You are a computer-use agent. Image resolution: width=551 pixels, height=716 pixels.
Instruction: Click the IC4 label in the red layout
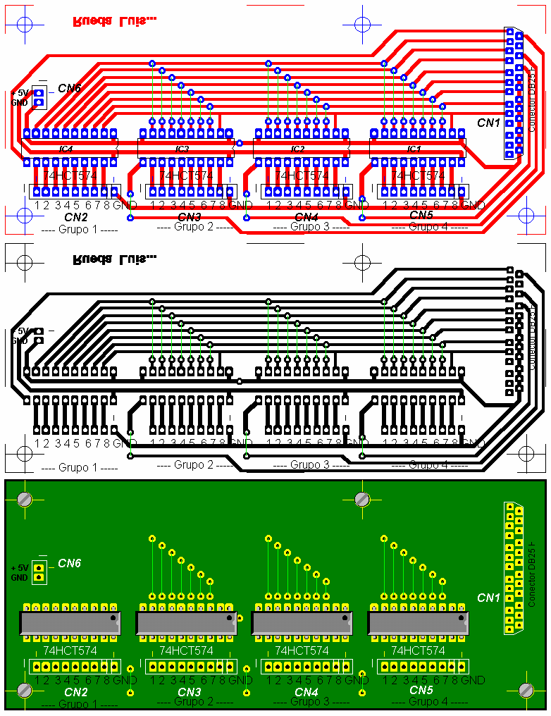[66, 149]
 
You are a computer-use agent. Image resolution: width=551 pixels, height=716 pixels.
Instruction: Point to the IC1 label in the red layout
[414, 149]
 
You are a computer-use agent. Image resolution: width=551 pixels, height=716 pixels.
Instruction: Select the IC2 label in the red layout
[298, 149]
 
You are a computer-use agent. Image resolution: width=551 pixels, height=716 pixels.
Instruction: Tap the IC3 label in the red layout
[182, 149]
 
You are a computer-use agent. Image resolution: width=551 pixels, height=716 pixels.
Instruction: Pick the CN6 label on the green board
[69, 563]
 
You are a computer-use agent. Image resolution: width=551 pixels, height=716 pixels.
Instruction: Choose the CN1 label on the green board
[488, 598]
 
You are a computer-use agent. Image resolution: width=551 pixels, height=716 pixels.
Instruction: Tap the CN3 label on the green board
[190, 692]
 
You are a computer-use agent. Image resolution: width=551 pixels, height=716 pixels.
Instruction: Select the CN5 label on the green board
[421, 690]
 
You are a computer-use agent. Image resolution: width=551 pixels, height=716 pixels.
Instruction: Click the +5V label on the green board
[20, 567]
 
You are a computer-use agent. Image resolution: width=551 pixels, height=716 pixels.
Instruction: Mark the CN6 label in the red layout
[69, 88]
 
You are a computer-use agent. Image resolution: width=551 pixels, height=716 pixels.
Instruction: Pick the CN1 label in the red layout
[488, 123]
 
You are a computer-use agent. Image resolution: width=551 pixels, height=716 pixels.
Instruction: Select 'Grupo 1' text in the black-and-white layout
[70, 467]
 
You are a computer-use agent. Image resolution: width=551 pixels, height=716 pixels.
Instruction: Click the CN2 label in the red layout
[75, 216]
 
